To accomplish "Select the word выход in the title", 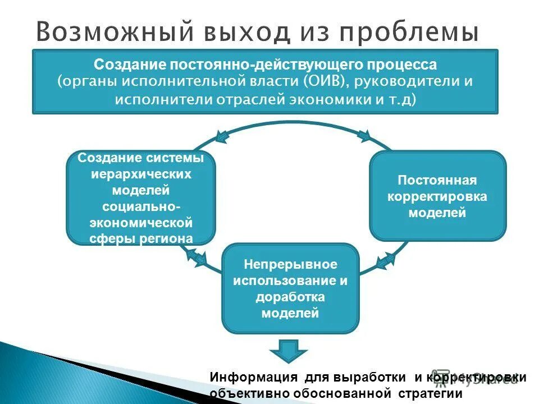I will pos(249,33).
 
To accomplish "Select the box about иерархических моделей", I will pos(140,198).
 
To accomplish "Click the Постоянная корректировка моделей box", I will pos(437,196).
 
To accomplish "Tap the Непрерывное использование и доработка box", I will pos(290,288).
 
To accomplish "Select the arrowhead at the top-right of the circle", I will pos(364,135).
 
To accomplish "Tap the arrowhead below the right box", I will pos(386,260).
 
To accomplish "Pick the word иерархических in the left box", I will pos(141,174).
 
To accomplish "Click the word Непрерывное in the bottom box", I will pos(290,264).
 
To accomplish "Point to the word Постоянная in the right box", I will pos(437,181).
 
